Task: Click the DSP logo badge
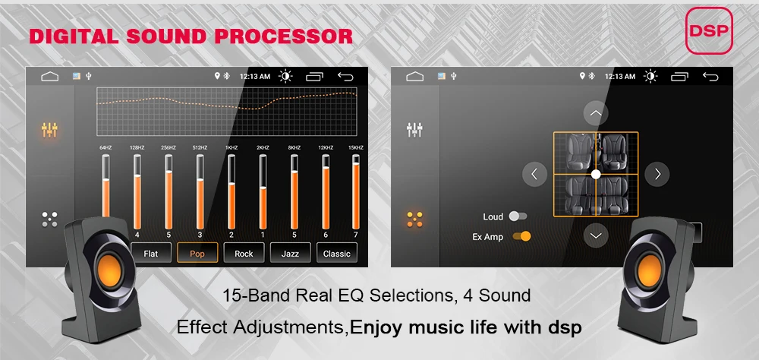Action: point(709,31)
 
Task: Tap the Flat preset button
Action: point(151,253)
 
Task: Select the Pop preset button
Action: point(197,253)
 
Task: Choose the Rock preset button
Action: point(244,253)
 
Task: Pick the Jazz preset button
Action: point(290,253)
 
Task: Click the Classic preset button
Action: point(336,253)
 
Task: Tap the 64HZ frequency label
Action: point(105,147)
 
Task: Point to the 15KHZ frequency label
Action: point(356,147)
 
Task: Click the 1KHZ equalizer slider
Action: point(231,190)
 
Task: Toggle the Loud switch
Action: point(518,216)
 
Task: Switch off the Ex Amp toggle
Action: point(521,236)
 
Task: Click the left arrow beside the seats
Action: point(534,174)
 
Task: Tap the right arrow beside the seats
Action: point(657,174)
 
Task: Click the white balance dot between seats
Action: point(596,174)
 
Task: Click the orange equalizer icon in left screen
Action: point(49,130)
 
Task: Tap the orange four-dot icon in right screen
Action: point(414,219)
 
